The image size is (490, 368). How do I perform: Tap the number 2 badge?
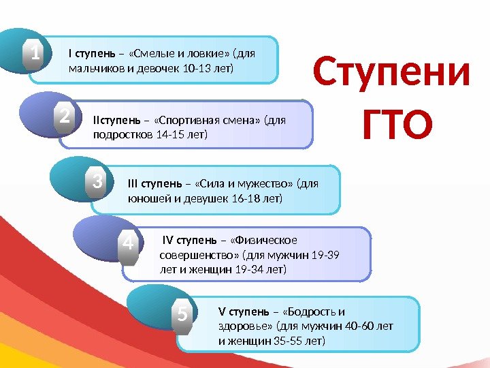(x=65, y=118)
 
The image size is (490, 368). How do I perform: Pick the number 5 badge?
(x=182, y=315)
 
